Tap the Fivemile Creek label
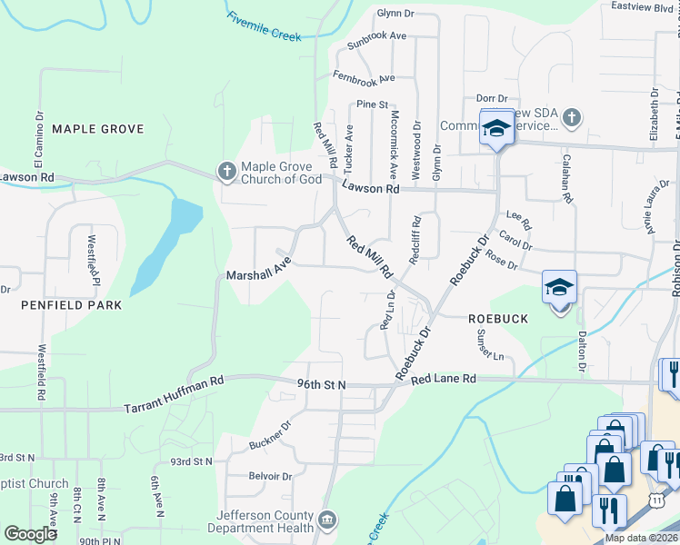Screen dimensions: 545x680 pos(265,25)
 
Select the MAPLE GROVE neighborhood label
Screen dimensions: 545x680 pos(98,129)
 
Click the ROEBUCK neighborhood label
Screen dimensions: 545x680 pos(498,319)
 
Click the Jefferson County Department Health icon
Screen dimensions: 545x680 pos(327,520)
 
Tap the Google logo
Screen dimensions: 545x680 pos(30,534)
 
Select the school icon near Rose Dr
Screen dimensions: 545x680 pos(559,288)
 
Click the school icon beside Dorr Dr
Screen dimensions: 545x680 pos(496,129)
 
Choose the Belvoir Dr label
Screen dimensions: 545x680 pos(271,476)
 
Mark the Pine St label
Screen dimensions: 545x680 pos(372,104)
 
